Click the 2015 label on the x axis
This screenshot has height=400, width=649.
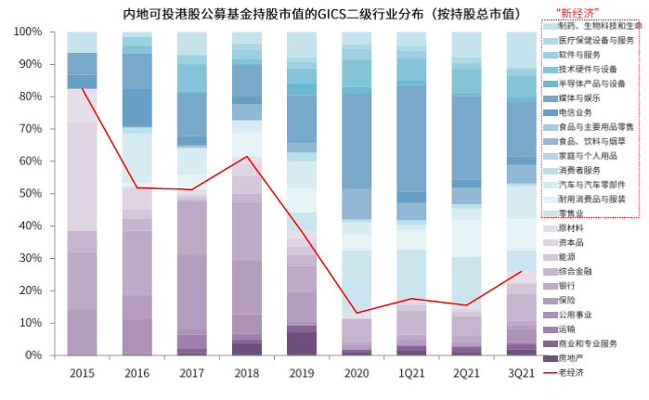coord(82,373)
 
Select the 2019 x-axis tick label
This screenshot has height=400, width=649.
coord(303,373)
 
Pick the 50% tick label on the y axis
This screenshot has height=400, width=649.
coord(31,193)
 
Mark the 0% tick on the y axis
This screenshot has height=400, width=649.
coord(33,355)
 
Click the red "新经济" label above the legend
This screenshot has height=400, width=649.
coord(577,12)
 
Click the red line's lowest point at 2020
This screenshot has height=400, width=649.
coord(357,313)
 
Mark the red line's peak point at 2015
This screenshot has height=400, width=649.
coord(82,88)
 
